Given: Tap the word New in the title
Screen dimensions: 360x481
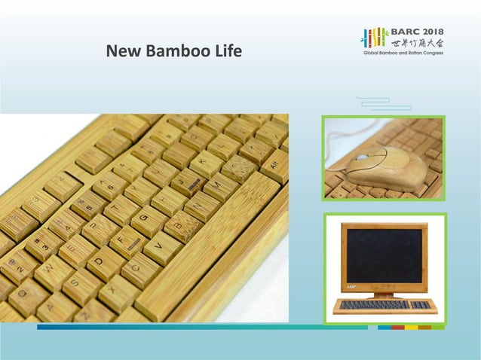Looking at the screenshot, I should tap(124, 52).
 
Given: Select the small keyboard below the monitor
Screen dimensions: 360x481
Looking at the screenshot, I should tap(384, 306).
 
